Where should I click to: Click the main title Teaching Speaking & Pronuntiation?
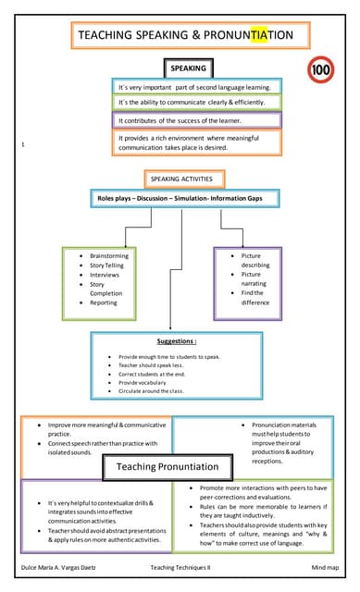(184, 35)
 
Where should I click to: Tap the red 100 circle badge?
(320, 69)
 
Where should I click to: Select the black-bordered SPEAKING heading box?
(188, 68)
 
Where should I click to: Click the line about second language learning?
(194, 87)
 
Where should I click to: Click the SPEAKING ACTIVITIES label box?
(180, 179)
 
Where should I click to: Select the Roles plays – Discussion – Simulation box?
(181, 198)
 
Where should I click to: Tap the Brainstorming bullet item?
(109, 255)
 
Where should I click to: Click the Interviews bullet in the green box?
(104, 275)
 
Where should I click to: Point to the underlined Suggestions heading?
(177, 340)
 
